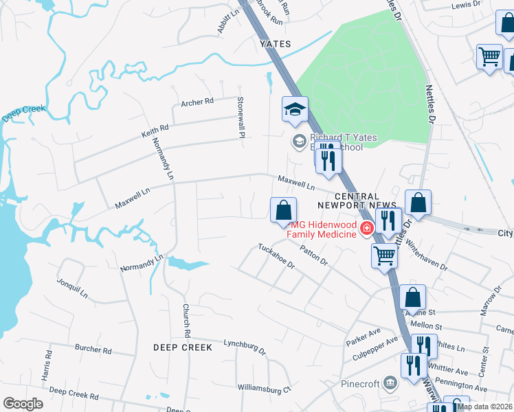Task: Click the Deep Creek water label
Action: click(x=23, y=113)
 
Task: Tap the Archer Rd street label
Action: click(x=197, y=102)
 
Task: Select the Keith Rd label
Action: click(x=155, y=128)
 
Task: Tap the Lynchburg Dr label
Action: click(x=244, y=345)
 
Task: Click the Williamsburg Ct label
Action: click(x=265, y=389)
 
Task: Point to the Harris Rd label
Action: click(x=47, y=365)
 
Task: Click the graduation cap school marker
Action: click(x=295, y=109)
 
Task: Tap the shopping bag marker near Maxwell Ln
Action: click(x=282, y=210)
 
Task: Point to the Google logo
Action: click(x=23, y=403)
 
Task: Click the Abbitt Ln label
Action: click(x=227, y=21)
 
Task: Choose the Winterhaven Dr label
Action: click(x=426, y=253)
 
